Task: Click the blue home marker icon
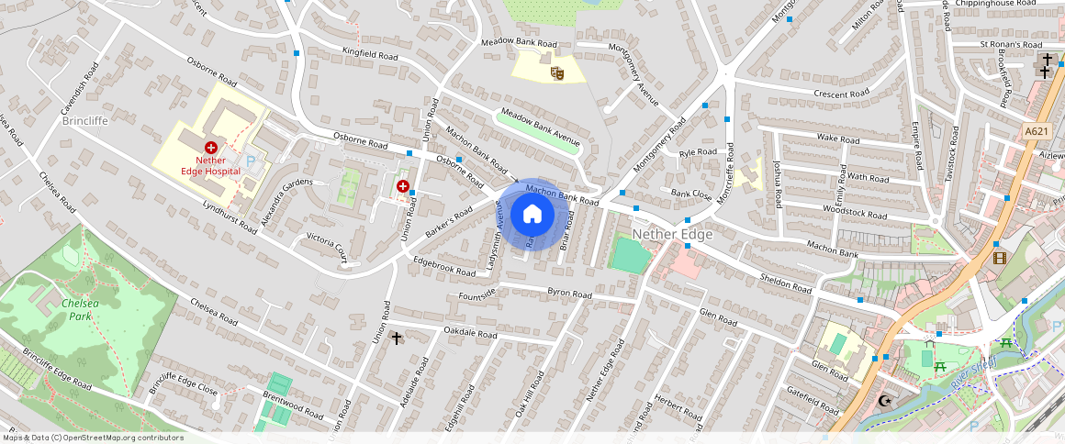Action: click(x=532, y=215)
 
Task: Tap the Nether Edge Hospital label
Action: click(x=217, y=165)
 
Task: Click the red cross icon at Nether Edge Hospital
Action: click(x=211, y=147)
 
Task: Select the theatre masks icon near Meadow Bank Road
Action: click(x=555, y=72)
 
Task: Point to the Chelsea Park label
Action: click(x=80, y=309)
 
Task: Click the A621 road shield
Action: click(x=1037, y=132)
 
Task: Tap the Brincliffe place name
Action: click(x=86, y=120)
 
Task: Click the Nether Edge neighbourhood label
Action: click(x=673, y=234)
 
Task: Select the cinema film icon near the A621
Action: click(x=999, y=258)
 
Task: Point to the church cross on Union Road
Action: click(x=397, y=339)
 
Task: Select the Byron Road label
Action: click(x=570, y=294)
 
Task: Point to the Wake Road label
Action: click(x=837, y=139)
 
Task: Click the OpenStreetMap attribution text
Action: click(x=93, y=438)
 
